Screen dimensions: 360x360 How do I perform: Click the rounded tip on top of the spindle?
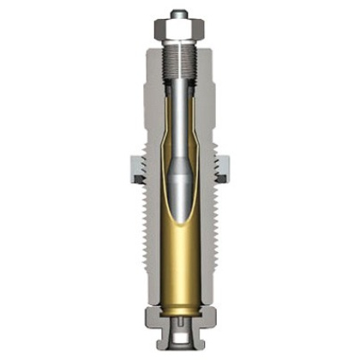179,14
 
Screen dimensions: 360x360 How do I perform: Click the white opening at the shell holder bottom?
179,344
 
